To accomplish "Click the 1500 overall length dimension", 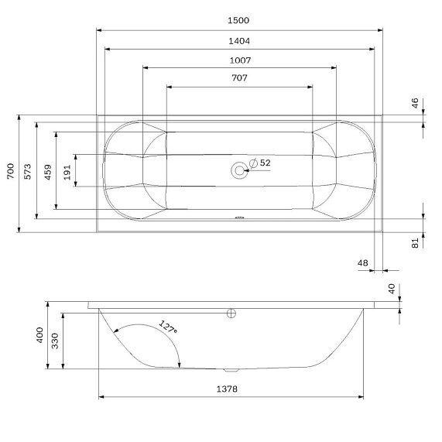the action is click(x=238, y=20).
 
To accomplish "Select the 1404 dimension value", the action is click(x=239, y=41).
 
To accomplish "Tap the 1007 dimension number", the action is click(x=240, y=60).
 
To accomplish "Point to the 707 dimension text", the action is click(x=240, y=78).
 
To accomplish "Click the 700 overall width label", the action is click(x=10, y=171).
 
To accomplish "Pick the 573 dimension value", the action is click(x=28, y=172).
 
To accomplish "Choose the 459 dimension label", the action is click(x=48, y=173).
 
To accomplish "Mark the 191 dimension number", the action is click(x=67, y=173).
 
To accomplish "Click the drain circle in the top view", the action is click(x=239, y=170).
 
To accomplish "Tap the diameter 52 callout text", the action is click(x=260, y=163).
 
